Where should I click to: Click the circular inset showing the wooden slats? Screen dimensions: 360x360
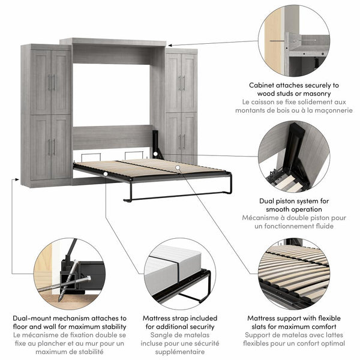(293, 274)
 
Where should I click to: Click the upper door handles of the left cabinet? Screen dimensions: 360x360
(51, 82)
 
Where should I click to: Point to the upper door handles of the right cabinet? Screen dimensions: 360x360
(181, 83)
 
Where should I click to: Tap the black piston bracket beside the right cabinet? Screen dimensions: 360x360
(158, 143)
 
